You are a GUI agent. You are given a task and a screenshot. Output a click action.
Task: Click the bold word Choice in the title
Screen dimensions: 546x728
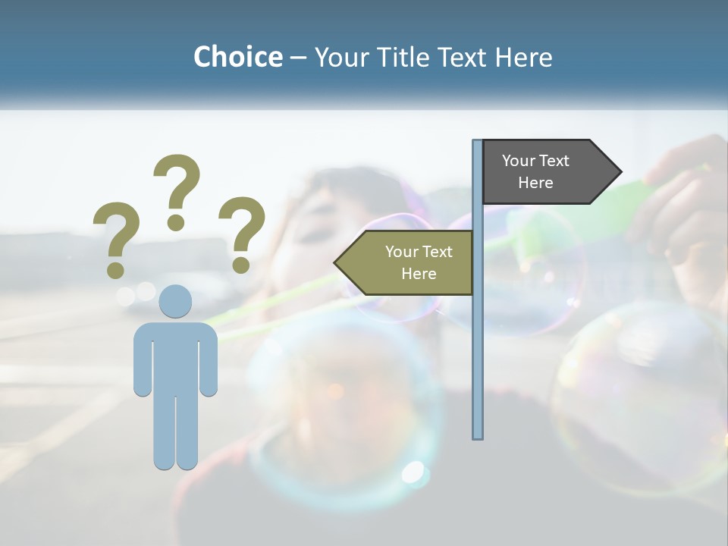click(237, 57)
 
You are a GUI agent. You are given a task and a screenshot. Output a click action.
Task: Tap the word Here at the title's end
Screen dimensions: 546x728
click(522, 57)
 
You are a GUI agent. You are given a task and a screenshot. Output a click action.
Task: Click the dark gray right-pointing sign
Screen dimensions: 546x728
click(542, 171)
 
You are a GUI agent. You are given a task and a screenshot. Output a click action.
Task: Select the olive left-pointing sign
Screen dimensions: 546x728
click(413, 262)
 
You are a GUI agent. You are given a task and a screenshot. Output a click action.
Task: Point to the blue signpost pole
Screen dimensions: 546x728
click(478, 341)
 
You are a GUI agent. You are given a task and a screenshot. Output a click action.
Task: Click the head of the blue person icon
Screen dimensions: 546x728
click(175, 301)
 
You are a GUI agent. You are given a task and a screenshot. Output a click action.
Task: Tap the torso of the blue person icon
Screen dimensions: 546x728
click(175, 356)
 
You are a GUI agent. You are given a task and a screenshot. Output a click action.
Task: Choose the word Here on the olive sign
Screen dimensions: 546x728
click(419, 274)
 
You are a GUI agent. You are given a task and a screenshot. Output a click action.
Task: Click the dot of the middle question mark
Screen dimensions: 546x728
click(176, 222)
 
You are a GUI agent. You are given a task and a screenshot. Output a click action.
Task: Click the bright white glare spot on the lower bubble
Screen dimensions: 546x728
click(413, 472)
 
